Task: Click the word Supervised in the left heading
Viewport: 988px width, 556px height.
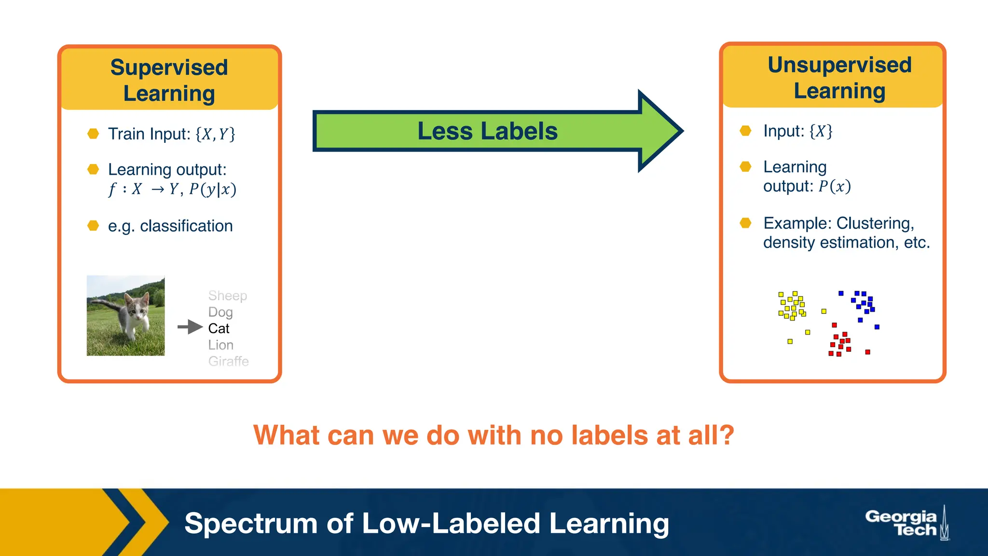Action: coord(169,68)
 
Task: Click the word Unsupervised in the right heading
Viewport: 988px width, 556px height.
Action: coord(839,65)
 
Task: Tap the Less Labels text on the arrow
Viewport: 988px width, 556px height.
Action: coord(487,131)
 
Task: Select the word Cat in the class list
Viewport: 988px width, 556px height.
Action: coord(219,329)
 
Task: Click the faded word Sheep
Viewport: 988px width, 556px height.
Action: coord(227,295)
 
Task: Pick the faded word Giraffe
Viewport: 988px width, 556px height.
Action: coord(228,361)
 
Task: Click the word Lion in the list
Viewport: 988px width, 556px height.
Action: coord(220,345)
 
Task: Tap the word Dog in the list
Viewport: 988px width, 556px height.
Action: coord(220,312)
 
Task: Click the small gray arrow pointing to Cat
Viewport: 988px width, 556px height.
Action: coord(190,327)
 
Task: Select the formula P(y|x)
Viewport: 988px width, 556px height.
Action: coord(213,189)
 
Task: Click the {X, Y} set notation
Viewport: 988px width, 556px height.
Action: coord(215,134)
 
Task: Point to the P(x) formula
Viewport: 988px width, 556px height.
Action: coord(835,186)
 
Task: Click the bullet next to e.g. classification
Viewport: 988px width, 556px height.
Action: coord(93,226)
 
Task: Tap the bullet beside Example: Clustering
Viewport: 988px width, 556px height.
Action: coord(745,223)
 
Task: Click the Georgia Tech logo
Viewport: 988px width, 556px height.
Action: coord(906,523)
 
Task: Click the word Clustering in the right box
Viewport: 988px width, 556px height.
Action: coord(875,223)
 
